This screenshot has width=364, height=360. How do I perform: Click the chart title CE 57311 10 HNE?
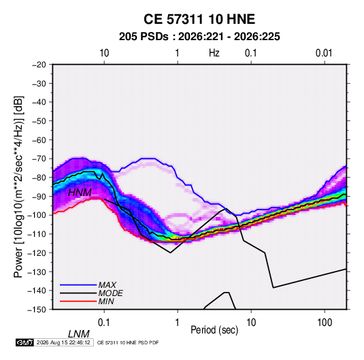(x=199, y=19)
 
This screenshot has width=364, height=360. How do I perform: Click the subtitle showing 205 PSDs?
(x=199, y=37)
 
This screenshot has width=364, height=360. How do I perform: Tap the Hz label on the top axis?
(x=214, y=53)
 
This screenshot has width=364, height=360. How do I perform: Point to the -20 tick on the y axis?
(x=39, y=65)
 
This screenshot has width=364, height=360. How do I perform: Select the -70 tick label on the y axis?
(x=39, y=159)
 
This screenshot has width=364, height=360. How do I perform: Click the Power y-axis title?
(x=18, y=187)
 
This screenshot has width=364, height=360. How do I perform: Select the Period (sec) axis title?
(x=214, y=329)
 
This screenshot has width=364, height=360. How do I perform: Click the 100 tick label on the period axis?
(x=325, y=322)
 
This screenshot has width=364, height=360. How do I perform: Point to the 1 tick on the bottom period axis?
(x=178, y=322)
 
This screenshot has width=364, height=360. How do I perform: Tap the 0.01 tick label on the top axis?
(x=324, y=53)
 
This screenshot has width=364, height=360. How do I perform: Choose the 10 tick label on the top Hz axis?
(x=104, y=53)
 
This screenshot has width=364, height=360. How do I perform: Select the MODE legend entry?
(x=91, y=293)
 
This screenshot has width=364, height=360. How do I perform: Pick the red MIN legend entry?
(x=87, y=301)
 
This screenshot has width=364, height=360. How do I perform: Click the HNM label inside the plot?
(x=80, y=193)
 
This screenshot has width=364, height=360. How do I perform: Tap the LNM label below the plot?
(x=79, y=334)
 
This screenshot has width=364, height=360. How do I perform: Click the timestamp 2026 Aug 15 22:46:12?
(x=63, y=342)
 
